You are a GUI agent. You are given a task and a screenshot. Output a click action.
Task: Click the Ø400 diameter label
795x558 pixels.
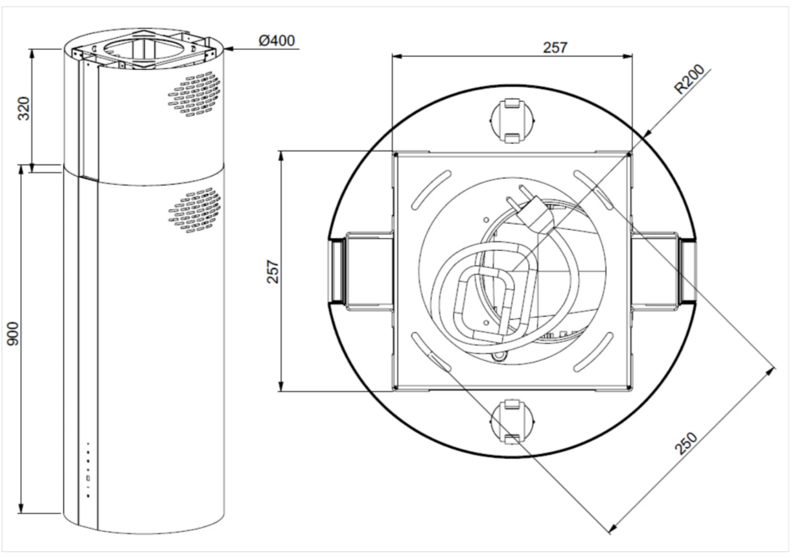pos(277,41)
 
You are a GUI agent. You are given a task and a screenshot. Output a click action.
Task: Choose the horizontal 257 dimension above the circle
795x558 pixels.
pos(555,47)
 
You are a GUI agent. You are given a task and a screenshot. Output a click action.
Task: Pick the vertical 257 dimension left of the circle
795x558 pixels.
pos(272,271)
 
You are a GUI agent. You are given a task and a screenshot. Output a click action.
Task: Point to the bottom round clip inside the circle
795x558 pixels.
pos(511,421)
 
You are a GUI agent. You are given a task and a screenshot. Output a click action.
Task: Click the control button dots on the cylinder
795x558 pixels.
pos(87,469)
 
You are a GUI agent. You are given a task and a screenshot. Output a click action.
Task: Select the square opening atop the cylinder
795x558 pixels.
pos(137,50)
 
